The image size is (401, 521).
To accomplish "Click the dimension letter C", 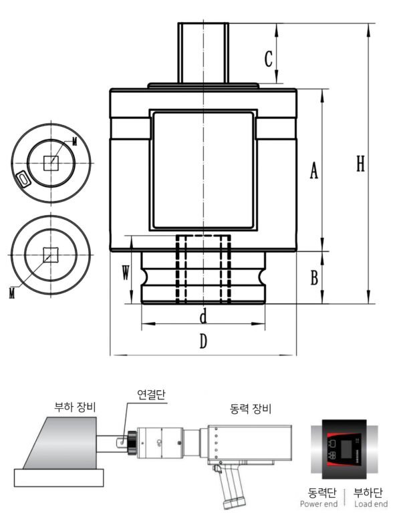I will coord(268,59).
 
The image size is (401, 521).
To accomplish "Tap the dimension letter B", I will coord(313,279).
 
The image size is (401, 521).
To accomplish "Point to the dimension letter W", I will coord(125,272).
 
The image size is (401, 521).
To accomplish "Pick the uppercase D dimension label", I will coord(204,341).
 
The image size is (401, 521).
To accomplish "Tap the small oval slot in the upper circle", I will coord(23,178).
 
